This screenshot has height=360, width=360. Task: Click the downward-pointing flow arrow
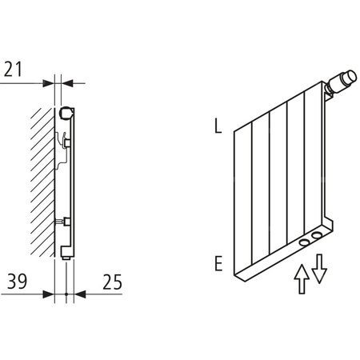[319, 267]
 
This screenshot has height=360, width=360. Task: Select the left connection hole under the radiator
[304, 241]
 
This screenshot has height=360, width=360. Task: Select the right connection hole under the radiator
[319, 234]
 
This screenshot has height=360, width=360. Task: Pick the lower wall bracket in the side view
[66, 222]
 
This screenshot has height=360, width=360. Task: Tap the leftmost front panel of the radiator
[243, 200]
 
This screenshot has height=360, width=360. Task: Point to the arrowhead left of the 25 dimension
[78, 294]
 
